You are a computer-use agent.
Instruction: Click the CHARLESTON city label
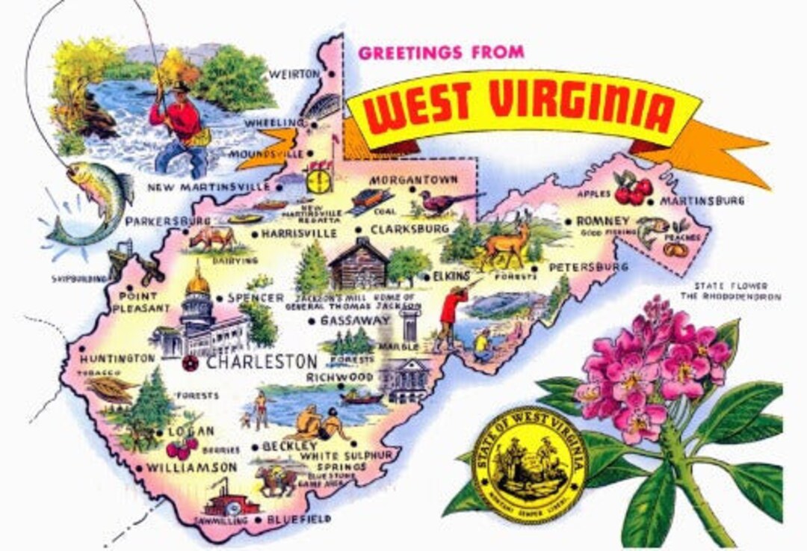point(261,362)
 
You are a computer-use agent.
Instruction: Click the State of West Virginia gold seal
point(530,464)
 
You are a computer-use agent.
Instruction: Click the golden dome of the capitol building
point(197,283)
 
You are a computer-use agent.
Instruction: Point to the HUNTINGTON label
point(117,359)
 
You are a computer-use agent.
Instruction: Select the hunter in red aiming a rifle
point(450,314)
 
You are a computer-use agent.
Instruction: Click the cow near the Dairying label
point(211,238)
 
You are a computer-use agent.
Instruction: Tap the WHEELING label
point(275,123)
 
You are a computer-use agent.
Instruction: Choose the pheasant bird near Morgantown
point(448,201)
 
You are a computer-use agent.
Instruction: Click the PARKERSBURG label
point(168,222)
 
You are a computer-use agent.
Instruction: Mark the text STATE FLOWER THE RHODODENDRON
point(737,291)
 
